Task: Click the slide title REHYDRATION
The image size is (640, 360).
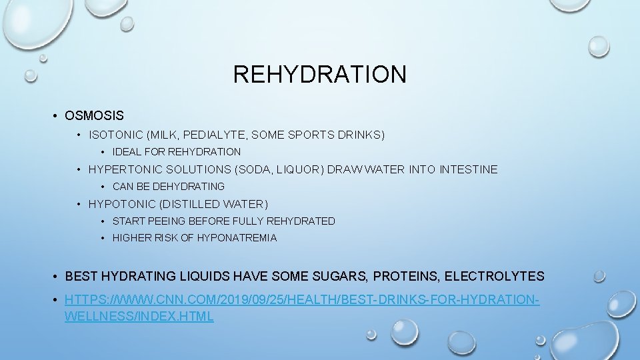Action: click(319, 74)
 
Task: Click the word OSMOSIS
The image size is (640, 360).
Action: click(94, 116)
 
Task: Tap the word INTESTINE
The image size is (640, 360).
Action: click(468, 169)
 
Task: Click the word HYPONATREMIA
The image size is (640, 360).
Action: click(237, 238)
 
